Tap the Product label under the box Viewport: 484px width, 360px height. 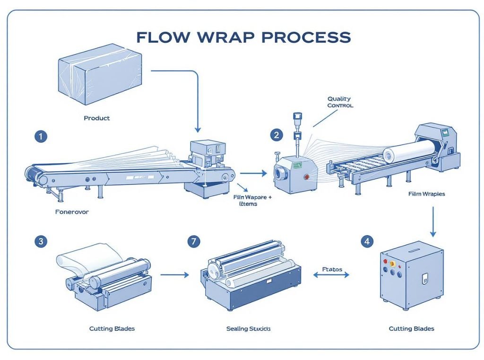[97, 118]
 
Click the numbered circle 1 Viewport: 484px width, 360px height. [41, 136]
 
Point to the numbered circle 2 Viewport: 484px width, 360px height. [277, 135]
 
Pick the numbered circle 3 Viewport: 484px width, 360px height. [41, 241]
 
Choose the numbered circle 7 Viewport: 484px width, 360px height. [193, 241]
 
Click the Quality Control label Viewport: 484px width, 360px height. [340, 102]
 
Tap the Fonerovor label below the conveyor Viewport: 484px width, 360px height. [72, 212]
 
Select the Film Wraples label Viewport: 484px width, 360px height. [427, 194]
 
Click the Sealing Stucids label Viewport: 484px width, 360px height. [249, 328]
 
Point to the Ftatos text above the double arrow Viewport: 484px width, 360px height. [332, 269]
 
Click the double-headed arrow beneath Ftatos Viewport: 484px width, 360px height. [332, 274]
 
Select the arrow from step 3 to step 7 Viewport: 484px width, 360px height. [174, 274]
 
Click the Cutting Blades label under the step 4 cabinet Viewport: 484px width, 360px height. [411, 328]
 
